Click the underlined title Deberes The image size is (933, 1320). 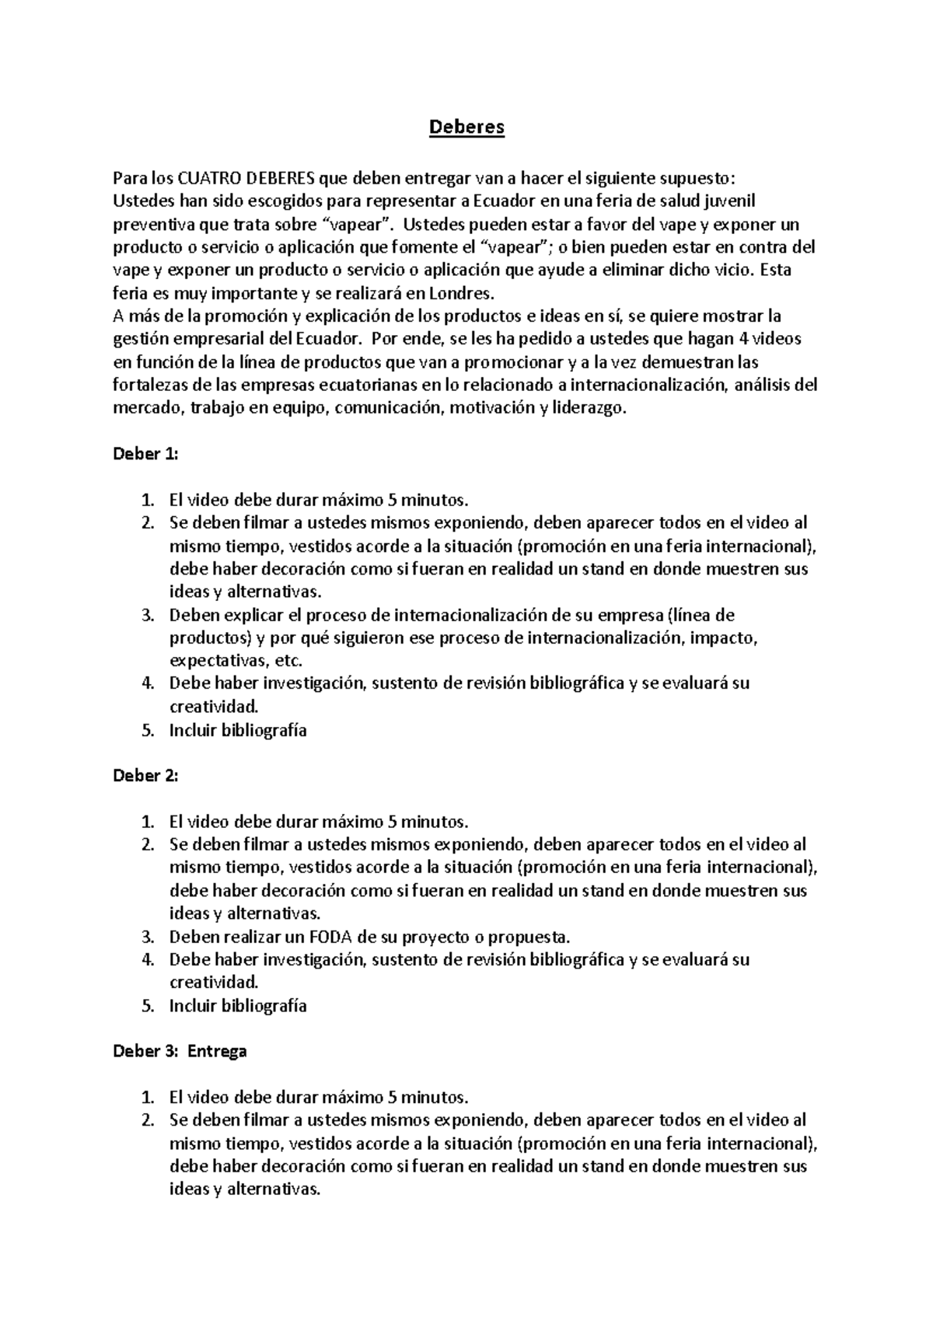466,127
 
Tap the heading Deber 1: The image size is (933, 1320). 146,454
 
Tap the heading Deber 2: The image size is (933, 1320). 146,776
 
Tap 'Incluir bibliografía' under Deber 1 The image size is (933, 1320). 238,730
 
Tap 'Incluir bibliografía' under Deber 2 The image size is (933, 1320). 238,1006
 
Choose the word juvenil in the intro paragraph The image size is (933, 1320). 729,201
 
